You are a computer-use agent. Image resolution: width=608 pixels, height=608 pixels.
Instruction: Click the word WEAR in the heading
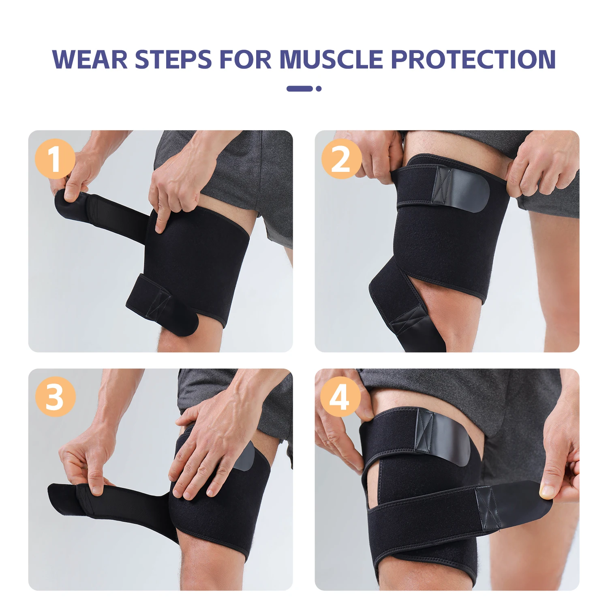pyautogui.click(x=90, y=60)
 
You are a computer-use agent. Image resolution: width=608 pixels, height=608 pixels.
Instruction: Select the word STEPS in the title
pyautogui.click(x=173, y=60)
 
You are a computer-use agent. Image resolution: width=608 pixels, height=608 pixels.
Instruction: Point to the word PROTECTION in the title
pyautogui.click(x=473, y=60)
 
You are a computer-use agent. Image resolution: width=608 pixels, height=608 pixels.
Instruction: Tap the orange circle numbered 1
pyautogui.click(x=55, y=159)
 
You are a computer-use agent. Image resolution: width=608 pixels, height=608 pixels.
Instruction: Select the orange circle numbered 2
pyautogui.click(x=341, y=159)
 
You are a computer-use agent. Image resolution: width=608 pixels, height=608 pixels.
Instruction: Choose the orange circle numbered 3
pyautogui.click(x=55, y=397)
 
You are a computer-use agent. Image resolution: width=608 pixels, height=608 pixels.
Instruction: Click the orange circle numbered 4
pyautogui.click(x=340, y=397)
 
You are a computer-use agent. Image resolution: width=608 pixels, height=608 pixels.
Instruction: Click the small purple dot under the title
pyautogui.click(x=319, y=88)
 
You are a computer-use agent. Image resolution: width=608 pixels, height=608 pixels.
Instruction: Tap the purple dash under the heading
pyautogui.click(x=300, y=88)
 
